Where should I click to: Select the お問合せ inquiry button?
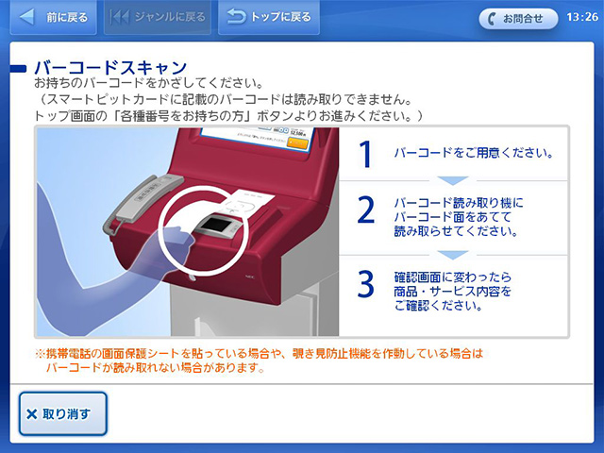pyautogui.click(x=518, y=18)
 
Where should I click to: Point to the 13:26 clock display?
pyautogui.click(x=578, y=17)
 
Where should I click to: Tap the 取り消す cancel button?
pyautogui.click(x=62, y=413)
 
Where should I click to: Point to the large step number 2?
pyautogui.click(x=367, y=211)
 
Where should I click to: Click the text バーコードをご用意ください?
pyautogui.click(x=473, y=153)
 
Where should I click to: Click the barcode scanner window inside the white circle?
pyautogui.click(x=218, y=226)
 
